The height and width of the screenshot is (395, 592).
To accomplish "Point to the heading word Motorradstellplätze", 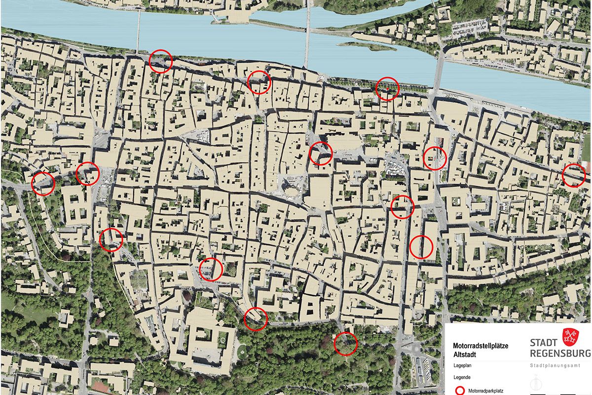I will [x=481, y=346].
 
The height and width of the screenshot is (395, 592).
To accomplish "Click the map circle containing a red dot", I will [x=387, y=89].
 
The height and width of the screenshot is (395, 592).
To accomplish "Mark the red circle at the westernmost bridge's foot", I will [x=160, y=62].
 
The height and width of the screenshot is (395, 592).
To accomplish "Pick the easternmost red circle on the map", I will [x=574, y=175].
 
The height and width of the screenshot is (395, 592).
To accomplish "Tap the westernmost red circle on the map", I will [x=43, y=183].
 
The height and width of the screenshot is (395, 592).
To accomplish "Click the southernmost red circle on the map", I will [x=345, y=344].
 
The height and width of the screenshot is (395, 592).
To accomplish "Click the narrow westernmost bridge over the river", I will [x=139, y=30].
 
